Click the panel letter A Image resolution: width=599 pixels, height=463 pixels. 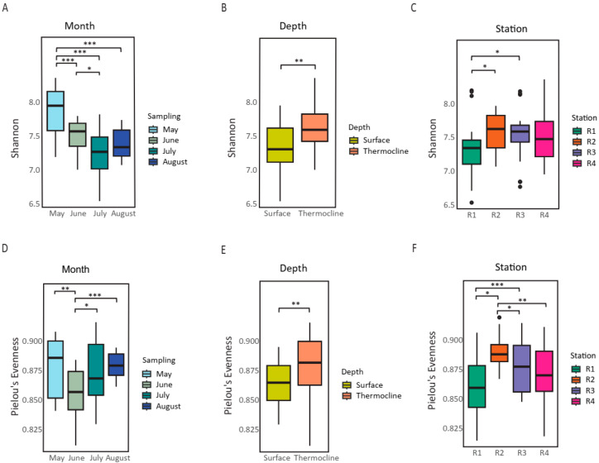coord(5,7)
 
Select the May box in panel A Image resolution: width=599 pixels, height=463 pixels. coord(55,111)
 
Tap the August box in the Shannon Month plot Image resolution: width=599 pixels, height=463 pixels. coord(122,143)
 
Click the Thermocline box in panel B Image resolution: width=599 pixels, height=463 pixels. coord(314,128)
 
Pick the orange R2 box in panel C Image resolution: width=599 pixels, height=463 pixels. coord(496,131)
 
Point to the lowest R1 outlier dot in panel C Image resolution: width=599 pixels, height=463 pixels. coord(472,203)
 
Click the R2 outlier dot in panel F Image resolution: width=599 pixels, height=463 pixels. coord(499,317)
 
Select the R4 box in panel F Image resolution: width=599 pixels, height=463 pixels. coord(544,371)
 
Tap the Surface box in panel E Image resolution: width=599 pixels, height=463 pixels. coord(279,383)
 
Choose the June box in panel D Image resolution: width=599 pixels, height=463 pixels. coord(75,390)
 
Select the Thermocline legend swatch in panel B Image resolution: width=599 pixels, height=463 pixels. coord(354,151)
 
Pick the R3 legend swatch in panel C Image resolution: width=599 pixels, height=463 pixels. coord(577,152)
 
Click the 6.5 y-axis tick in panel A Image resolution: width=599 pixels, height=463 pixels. coord(34,204)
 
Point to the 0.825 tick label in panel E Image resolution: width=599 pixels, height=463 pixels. coord(248,429)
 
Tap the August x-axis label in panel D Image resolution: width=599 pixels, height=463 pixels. coord(117,457)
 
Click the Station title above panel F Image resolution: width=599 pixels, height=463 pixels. coord(510,267)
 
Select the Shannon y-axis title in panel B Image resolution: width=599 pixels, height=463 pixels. coord(232,138)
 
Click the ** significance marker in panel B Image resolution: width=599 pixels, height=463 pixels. coord(299,61)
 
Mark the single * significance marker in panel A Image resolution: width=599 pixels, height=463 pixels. coord(89,69)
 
